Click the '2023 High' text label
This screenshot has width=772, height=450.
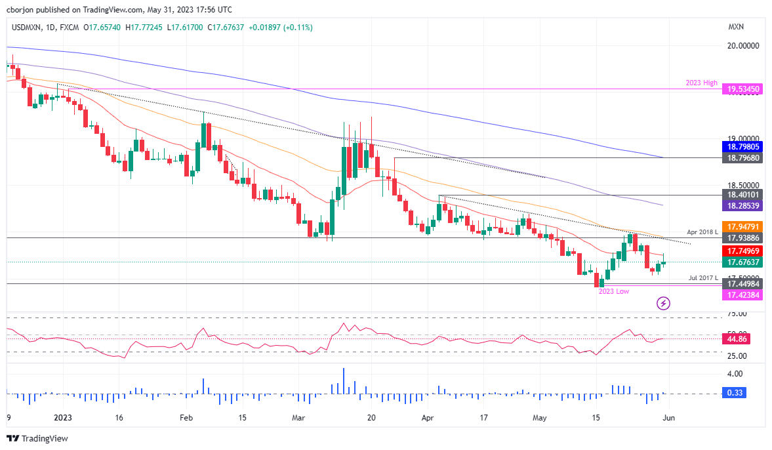click(x=700, y=83)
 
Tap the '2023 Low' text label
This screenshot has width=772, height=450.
click(x=613, y=291)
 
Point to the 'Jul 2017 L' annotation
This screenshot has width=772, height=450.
click(x=702, y=278)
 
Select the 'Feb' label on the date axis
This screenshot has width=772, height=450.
click(x=186, y=417)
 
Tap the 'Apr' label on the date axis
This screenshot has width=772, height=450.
click(x=427, y=417)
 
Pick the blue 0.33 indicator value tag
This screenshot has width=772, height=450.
click(x=736, y=393)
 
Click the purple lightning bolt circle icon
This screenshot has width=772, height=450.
click(x=664, y=303)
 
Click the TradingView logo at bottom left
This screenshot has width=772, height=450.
click(x=37, y=438)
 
